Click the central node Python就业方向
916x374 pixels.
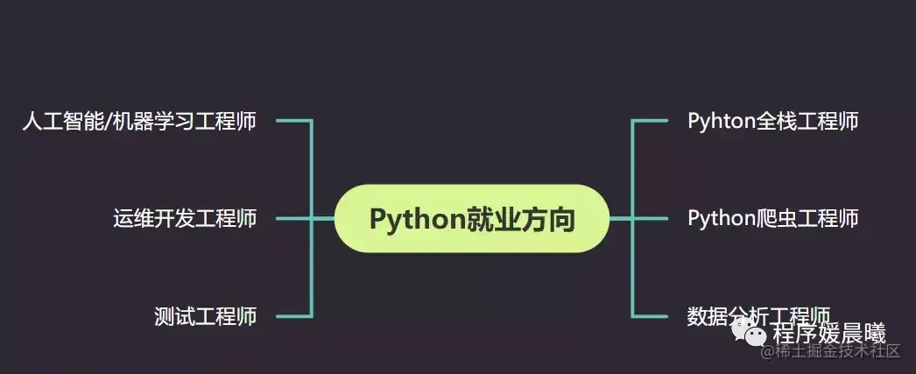tap(471, 219)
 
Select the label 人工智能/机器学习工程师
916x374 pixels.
tap(139, 121)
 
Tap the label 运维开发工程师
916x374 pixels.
tap(185, 218)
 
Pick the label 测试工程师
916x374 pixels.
tap(205, 315)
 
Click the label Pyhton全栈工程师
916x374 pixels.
tap(772, 121)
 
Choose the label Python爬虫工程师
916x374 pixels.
tap(772, 218)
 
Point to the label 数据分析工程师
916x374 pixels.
tap(758, 315)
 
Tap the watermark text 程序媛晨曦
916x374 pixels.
tap(828, 334)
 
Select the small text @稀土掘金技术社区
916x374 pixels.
tap(830, 352)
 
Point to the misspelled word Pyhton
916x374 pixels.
tap(721, 121)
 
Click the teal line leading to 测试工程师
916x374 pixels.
tap(293, 315)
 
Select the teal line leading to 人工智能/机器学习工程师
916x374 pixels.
tap(293, 121)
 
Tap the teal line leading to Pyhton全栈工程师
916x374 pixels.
tap(650, 121)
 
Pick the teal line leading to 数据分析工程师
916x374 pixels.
tap(650, 315)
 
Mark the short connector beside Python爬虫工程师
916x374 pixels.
tap(650, 218)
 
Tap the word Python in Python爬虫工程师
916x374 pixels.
tap(721, 218)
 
